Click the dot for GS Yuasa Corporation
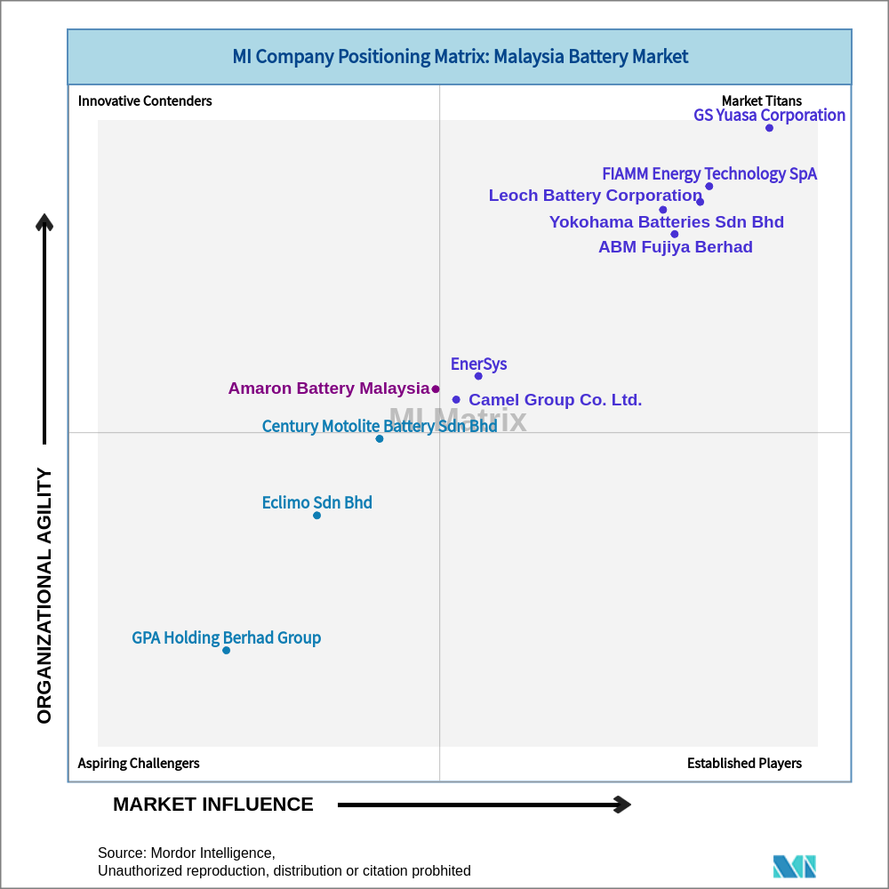click(769, 128)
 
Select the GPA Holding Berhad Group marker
click(226, 650)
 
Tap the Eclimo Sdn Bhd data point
click(316, 515)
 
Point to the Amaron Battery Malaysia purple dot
click(436, 388)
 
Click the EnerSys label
click(478, 364)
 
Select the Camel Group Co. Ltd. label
click(555, 400)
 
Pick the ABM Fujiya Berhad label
click(675, 247)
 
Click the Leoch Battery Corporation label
click(595, 196)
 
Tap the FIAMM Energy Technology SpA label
click(709, 173)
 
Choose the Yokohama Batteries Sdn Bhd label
click(666, 222)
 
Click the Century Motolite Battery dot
click(380, 438)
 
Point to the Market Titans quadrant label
click(761, 100)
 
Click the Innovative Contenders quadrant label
click(145, 100)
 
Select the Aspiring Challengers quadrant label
click(139, 763)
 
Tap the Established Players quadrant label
click(744, 763)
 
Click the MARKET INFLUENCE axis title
click(213, 805)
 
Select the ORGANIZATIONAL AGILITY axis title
click(44, 596)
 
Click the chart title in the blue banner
click(460, 57)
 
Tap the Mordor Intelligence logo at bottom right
click(794, 866)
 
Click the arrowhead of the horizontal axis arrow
click(623, 805)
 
